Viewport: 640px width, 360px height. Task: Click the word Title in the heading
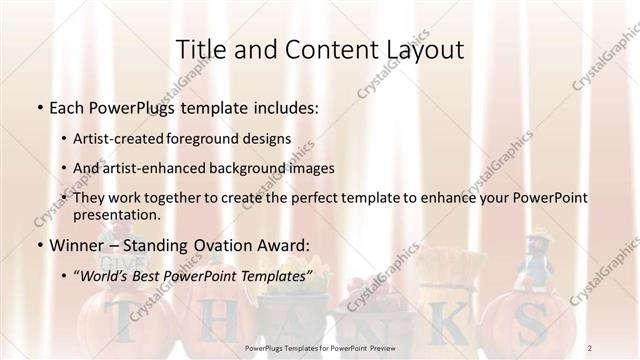click(x=200, y=49)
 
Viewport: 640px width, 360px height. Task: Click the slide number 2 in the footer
click(x=590, y=347)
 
